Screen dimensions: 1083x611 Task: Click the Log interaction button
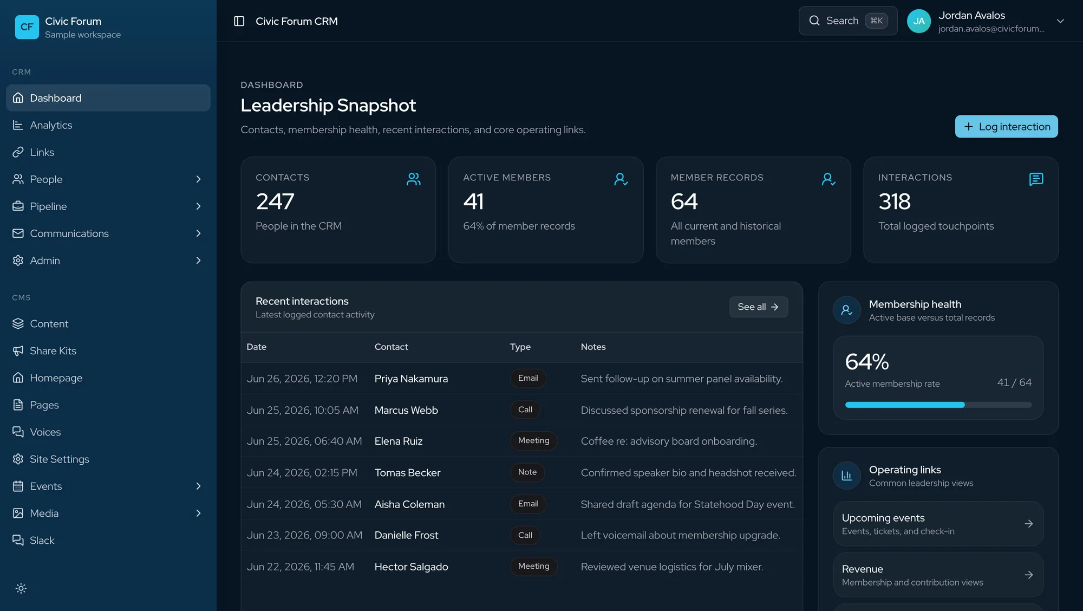point(1006,127)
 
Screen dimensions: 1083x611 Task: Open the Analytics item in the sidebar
point(51,125)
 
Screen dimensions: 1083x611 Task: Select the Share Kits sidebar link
point(53,351)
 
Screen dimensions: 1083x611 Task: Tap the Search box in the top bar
point(848,21)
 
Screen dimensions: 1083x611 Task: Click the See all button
point(758,307)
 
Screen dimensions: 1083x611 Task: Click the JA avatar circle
point(919,21)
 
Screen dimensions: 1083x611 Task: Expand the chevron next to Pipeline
point(198,206)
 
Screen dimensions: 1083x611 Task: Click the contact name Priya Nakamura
point(411,379)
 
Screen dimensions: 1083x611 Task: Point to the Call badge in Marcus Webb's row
point(525,409)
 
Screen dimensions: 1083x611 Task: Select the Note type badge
point(527,472)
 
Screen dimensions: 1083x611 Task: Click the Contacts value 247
point(275,201)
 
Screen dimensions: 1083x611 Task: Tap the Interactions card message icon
point(1036,179)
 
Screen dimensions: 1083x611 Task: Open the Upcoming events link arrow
point(1029,524)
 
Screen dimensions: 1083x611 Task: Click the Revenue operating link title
point(862,569)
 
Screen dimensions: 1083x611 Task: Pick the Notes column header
point(593,347)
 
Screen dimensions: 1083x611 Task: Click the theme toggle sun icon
point(21,588)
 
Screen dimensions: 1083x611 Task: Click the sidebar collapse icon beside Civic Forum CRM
point(239,21)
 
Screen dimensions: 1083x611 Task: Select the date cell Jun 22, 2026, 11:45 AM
point(301,567)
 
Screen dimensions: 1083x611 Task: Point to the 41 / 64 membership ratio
point(1014,382)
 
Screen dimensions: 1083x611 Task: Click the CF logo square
point(27,27)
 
